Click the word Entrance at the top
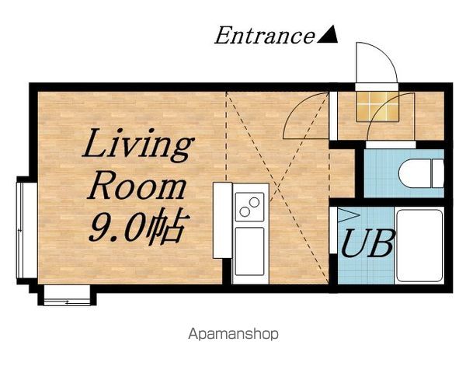click(x=264, y=36)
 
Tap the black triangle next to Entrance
click(x=328, y=35)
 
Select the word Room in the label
click(x=137, y=186)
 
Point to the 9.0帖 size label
click(x=139, y=225)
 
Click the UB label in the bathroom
click(x=368, y=243)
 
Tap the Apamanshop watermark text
click(x=233, y=334)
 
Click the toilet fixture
click(x=421, y=173)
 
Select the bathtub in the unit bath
click(x=419, y=246)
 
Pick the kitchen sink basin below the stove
click(x=249, y=252)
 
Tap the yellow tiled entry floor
click(x=377, y=106)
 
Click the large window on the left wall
click(x=26, y=230)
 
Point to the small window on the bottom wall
click(x=67, y=295)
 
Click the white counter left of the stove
click(x=222, y=221)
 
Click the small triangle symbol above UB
click(x=348, y=215)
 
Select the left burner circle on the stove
click(x=245, y=212)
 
